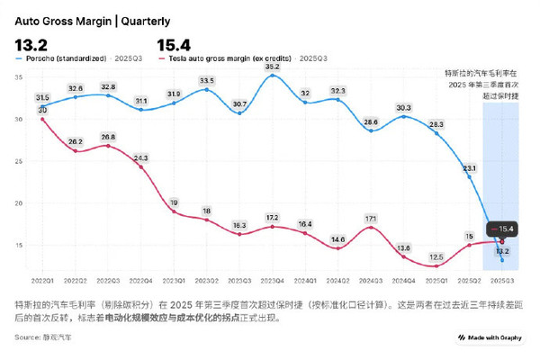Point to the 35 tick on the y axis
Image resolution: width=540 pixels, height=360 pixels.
tap(19, 77)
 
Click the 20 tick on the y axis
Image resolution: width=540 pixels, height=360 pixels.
tap(19, 203)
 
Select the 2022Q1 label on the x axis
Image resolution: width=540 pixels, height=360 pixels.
tap(42, 282)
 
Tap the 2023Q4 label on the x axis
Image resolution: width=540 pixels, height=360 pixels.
tap(273, 282)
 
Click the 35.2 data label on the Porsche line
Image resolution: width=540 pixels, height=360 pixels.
tap(273, 67)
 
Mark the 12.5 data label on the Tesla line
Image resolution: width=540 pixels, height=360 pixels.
tap(436, 256)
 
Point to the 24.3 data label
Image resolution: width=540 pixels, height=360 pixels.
tap(140, 157)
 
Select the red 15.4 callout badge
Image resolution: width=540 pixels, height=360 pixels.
tap(503, 229)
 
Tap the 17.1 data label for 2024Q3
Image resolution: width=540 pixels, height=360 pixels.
tap(371, 218)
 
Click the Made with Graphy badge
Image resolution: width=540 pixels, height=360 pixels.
tap(490, 337)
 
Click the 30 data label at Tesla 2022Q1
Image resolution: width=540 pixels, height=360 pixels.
tap(42, 110)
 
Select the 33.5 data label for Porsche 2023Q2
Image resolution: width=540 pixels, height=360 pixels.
tap(207, 80)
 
